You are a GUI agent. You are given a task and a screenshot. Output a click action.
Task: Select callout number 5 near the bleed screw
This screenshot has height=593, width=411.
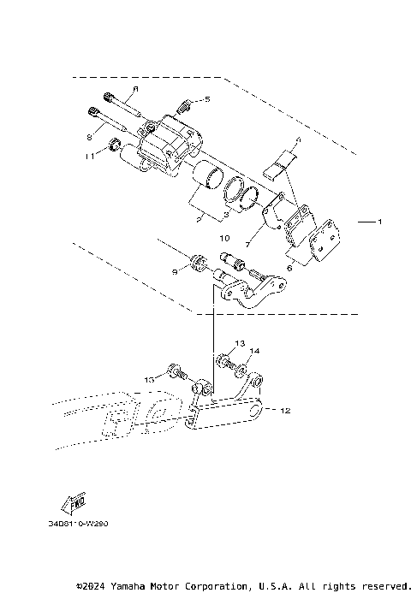pos(205,100)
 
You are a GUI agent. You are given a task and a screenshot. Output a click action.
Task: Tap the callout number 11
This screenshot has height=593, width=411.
pos(89,156)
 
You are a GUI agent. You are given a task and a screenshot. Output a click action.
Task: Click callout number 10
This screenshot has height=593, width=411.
pos(225,237)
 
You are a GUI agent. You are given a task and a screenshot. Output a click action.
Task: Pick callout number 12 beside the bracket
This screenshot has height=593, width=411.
pos(285,411)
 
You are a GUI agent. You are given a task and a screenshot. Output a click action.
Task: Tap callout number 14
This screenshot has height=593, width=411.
pos(253,351)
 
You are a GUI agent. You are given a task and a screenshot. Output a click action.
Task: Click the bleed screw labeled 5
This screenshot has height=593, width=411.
pos(182,107)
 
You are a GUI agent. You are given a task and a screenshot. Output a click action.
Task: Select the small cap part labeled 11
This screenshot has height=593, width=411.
pos(111,153)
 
